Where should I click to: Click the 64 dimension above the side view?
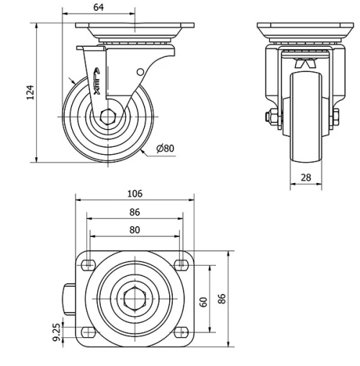pyautogui.click(x=98, y=7)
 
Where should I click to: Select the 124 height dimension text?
pyautogui.click(x=30, y=92)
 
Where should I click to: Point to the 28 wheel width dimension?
pyautogui.click(x=305, y=177)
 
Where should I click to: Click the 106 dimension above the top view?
pyautogui.click(x=134, y=193)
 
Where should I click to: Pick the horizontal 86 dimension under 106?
pyautogui.click(x=134, y=212)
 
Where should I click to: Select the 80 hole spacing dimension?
pyautogui.click(x=134, y=231)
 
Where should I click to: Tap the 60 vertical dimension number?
pyautogui.click(x=204, y=301)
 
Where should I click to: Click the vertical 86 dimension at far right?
pyautogui.click(x=222, y=298)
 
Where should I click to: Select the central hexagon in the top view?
pyautogui.click(x=135, y=298)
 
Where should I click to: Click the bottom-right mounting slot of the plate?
pyautogui.click(x=181, y=332)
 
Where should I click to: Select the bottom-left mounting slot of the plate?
pyautogui.click(x=89, y=332)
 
